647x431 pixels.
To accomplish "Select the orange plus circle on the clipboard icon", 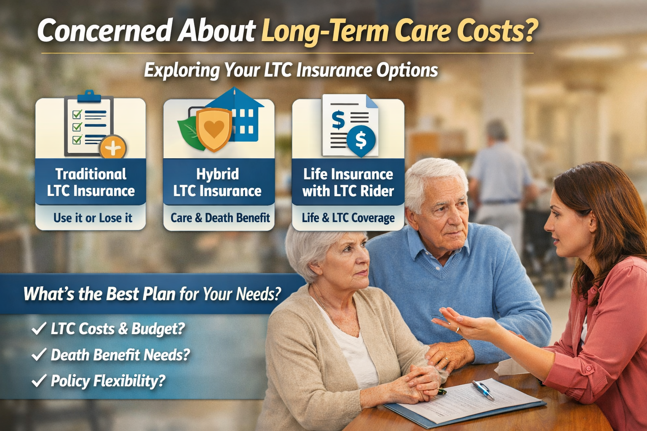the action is click(112, 147).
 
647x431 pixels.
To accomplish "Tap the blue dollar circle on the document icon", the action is click(361, 140).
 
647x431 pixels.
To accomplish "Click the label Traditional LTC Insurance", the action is click(91, 182).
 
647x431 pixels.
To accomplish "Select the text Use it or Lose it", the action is click(93, 218).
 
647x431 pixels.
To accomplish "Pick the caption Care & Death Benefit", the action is click(220, 218).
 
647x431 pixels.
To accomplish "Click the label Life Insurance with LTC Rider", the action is click(348, 182).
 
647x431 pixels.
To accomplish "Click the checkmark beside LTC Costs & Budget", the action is click(39, 329).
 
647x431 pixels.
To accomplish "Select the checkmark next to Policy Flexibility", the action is click(39, 380).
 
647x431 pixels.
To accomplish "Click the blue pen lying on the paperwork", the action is click(483, 390).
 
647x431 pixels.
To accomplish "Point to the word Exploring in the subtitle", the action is click(182, 71).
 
